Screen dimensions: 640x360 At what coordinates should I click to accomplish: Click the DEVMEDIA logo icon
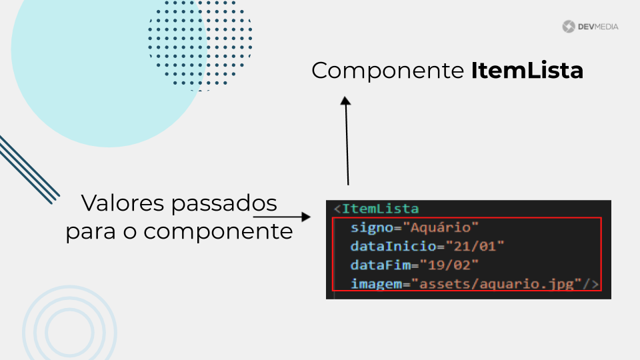coord(568,27)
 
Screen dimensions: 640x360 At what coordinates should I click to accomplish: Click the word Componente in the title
coord(388,71)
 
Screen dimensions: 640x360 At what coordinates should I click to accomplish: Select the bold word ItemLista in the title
coord(527,70)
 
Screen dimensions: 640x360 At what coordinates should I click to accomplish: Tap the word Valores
coord(123,203)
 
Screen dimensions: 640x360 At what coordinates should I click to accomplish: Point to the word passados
coord(224,204)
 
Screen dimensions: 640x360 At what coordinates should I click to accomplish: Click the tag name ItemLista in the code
coord(381,209)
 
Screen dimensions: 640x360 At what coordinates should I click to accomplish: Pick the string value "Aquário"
coord(441,228)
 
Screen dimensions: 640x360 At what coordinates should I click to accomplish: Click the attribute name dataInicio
coord(393,246)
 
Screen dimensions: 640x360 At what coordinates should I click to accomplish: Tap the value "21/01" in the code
coord(475,246)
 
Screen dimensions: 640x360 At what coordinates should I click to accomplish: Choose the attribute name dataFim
coord(381,265)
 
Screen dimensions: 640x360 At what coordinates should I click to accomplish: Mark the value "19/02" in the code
coord(449,265)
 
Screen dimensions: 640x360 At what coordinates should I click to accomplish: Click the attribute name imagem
coord(376,284)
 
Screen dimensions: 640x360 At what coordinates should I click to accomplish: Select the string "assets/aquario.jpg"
coord(496,284)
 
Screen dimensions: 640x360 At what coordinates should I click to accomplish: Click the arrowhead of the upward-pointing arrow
coord(346,101)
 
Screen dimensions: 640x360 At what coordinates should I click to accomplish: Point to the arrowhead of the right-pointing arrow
coord(306,217)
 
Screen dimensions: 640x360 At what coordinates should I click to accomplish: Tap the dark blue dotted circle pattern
coord(200,43)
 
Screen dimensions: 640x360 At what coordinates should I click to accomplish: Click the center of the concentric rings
coord(69,332)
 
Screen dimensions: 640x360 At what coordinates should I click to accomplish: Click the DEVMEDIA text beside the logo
coord(599,27)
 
